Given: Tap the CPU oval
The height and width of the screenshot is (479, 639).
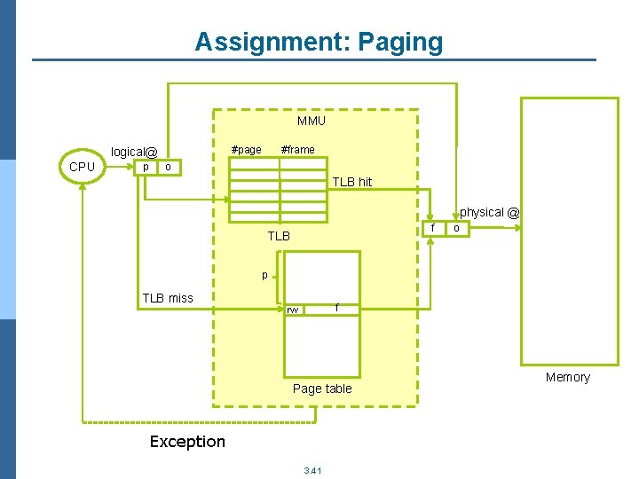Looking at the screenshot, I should coord(82,166).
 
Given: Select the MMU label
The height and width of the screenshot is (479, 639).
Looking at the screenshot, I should coord(311,121).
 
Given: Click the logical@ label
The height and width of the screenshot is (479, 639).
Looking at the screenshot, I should coord(133,152).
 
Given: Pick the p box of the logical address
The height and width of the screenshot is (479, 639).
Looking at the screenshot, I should coord(146,167).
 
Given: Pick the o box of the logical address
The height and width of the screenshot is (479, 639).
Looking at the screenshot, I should coord(169,167).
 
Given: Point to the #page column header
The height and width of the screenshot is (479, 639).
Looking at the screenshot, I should coord(246,149).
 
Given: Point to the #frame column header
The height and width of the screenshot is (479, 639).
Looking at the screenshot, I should coord(297,149).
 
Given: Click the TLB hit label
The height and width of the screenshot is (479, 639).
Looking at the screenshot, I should coord(352,182).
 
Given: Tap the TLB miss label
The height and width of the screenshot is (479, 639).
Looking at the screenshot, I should coord(167,298).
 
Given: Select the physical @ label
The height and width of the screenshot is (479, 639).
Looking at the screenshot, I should coord(489,213).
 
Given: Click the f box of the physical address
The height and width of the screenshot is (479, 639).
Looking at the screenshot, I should coord(433,228).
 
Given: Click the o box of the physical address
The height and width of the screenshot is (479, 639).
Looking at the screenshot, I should coord(456,228).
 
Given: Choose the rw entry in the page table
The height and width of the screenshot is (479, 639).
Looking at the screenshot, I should coord(293,310).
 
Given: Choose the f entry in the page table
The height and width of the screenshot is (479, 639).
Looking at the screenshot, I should coord(336,308).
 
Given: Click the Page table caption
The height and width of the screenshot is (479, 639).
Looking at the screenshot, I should coord(322,389).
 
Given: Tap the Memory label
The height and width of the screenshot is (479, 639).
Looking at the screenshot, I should coord(567,377).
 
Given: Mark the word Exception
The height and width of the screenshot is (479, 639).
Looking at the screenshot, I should coord(187,442).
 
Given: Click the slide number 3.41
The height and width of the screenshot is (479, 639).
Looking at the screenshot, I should coord(312,469).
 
